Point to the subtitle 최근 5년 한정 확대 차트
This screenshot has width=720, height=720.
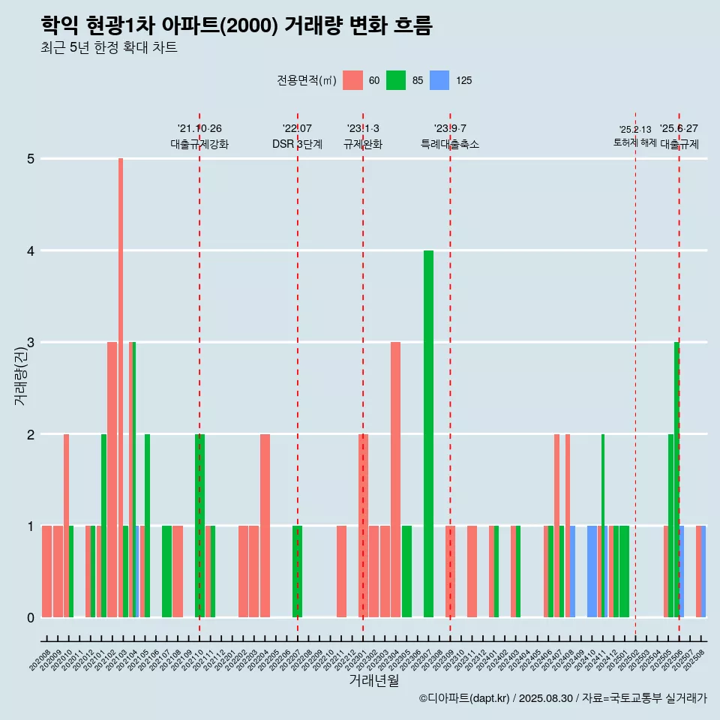pos(109,49)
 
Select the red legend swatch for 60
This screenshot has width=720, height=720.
pos(352,80)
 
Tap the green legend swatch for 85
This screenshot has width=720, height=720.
pos(396,80)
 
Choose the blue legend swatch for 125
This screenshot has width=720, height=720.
pos(439,80)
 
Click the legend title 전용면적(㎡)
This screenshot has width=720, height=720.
pos(306,80)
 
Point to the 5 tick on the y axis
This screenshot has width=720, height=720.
pos(31,159)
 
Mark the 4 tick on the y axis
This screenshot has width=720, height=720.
pos(31,250)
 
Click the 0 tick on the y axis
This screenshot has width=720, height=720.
pos(31,617)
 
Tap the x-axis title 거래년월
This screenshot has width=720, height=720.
pos(373,681)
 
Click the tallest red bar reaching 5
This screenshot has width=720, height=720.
pos(121,387)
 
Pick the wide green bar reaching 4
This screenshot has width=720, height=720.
pos(428,433)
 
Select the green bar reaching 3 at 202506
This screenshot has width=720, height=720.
pos(676,480)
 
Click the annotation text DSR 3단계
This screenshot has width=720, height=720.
pos(297,144)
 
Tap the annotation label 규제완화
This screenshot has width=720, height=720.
pos(363,144)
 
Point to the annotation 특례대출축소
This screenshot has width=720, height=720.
pos(450,144)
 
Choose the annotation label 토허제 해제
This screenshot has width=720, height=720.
pos(635,142)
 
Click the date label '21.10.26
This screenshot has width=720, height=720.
pos(199,129)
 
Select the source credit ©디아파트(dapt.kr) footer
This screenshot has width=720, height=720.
pos(562,698)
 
